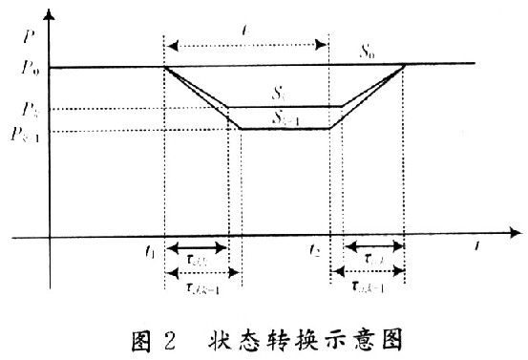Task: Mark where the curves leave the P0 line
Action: [165, 67]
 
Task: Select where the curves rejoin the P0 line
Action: [405, 66]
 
